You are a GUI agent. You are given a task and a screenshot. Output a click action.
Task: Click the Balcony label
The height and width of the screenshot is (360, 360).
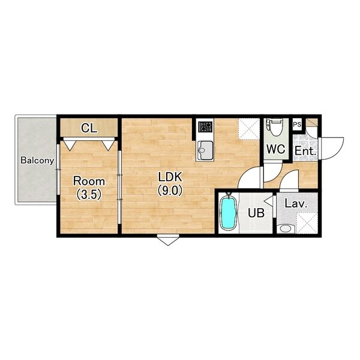tap(37, 160)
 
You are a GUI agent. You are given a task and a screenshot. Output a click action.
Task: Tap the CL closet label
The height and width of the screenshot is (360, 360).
tap(89, 128)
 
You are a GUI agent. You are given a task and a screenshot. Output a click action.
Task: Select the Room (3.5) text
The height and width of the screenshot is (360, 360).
tap(89, 188)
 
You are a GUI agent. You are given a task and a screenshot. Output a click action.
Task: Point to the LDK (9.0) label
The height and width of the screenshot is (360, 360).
tap(170, 184)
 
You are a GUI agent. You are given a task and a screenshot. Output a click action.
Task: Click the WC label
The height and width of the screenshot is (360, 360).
tap(276, 149)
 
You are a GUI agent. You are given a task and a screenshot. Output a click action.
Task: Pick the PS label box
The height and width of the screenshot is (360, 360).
tap(297, 125)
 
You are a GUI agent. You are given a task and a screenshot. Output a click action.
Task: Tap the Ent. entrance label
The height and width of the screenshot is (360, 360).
tap(305, 151)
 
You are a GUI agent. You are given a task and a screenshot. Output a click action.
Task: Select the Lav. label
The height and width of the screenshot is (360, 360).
tap(296, 203)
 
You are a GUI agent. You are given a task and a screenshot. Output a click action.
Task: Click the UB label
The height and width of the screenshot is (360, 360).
tap(256, 213)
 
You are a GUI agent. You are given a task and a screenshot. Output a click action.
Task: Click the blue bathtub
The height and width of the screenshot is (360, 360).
tap(228, 212)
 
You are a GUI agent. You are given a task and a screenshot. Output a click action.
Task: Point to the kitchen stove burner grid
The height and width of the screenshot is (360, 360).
tap(205, 127)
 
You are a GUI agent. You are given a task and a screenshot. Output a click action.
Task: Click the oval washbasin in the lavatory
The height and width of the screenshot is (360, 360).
tap(286, 229)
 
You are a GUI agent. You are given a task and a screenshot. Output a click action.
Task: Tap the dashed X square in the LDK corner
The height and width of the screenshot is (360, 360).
tap(249, 129)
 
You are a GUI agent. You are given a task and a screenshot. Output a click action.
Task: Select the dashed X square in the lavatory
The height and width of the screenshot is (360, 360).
tap(307, 223)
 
